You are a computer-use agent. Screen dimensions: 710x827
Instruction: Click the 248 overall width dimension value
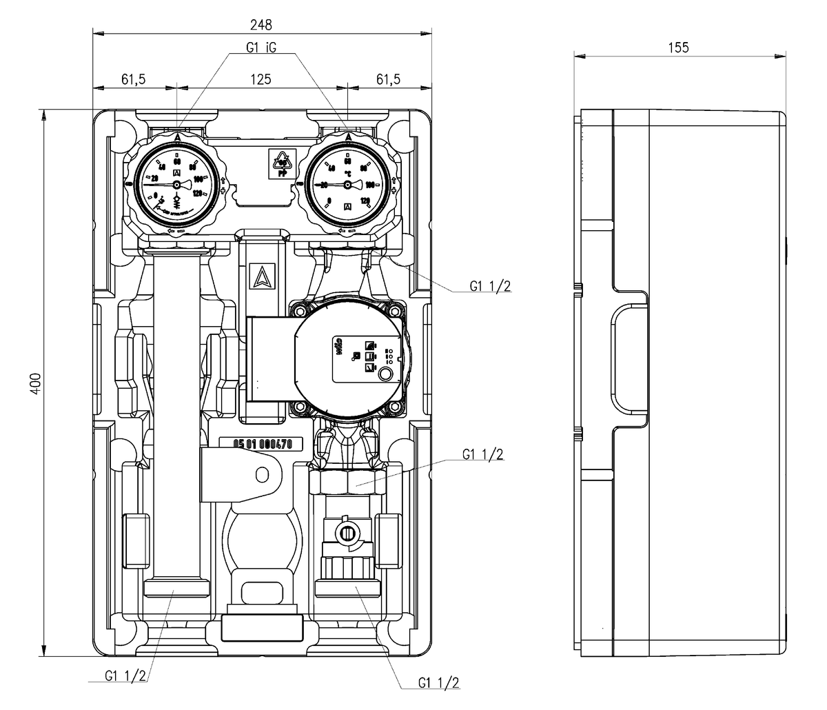click(x=261, y=25)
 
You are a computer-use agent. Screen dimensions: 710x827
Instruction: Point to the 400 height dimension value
click(x=37, y=383)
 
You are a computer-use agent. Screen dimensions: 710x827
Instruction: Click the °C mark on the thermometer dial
click(x=349, y=173)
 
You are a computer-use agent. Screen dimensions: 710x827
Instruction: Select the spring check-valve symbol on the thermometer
click(x=177, y=200)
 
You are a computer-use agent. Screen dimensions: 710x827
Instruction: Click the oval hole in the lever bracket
click(x=263, y=474)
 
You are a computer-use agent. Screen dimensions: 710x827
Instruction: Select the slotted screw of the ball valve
click(x=347, y=533)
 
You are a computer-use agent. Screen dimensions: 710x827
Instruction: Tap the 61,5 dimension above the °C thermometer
click(x=388, y=79)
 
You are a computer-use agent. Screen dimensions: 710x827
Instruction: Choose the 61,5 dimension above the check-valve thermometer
click(x=134, y=79)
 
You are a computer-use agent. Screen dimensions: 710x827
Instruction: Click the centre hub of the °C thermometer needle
click(x=347, y=185)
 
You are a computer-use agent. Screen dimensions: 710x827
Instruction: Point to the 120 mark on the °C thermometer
click(x=366, y=201)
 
